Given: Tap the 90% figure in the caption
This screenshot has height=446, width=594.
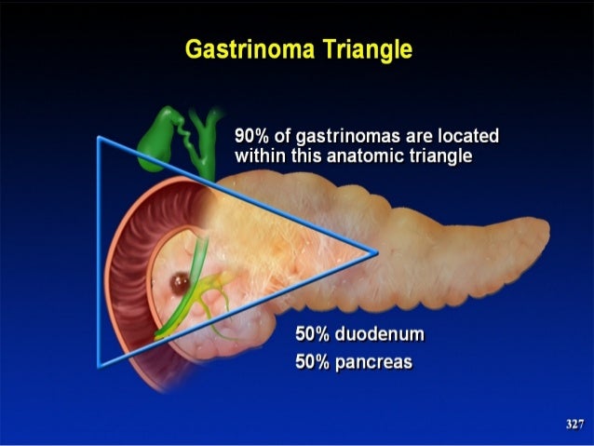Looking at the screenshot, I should tap(252, 137).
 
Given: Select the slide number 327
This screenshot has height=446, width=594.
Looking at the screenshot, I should tap(574, 425).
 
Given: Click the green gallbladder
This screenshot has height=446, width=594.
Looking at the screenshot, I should tap(155, 140).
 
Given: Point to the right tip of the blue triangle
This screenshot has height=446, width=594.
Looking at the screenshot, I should tap(377, 251).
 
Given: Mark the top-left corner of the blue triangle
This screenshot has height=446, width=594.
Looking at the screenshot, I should tap(99, 138).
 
